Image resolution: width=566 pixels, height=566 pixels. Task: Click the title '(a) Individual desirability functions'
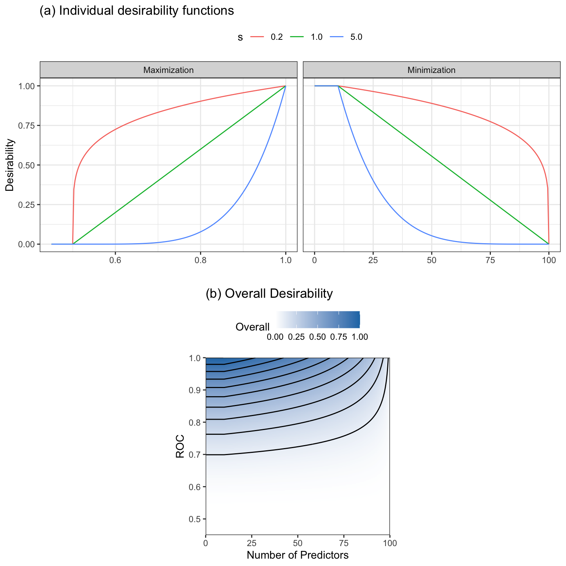[x=136, y=11]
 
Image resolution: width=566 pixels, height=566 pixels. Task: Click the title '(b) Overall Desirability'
[x=269, y=294]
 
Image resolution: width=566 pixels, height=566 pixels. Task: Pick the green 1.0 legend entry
[x=306, y=37]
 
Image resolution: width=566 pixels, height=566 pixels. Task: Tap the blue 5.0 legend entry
[x=346, y=37]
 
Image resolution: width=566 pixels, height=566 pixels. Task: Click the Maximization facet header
[x=168, y=70]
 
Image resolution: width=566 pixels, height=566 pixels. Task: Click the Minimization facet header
[x=432, y=70]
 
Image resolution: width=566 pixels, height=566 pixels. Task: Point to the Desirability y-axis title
[x=10, y=165]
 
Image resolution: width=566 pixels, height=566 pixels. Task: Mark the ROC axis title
[x=180, y=446]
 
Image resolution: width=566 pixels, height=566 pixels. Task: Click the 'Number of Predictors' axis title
[x=297, y=555]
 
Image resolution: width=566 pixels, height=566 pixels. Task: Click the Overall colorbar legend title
[x=252, y=327]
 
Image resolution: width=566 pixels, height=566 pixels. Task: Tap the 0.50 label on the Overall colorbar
[x=317, y=337]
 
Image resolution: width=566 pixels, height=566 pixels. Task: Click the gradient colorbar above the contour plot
[x=317, y=319]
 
